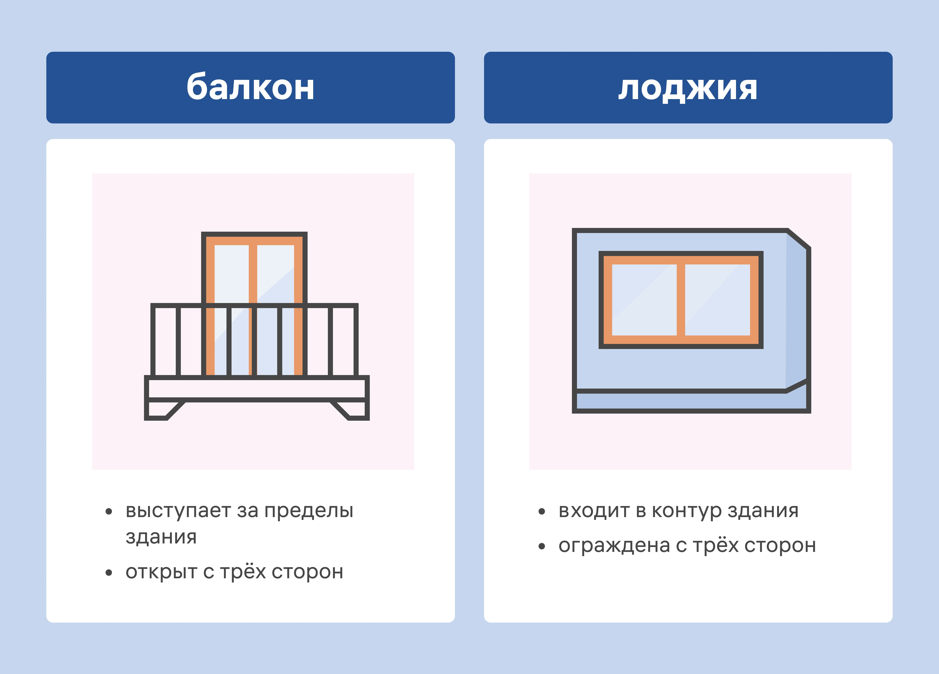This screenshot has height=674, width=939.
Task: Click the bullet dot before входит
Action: pos(541,512)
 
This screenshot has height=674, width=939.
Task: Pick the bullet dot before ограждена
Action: pos(541,546)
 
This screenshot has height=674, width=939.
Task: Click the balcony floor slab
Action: pos(257,389)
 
